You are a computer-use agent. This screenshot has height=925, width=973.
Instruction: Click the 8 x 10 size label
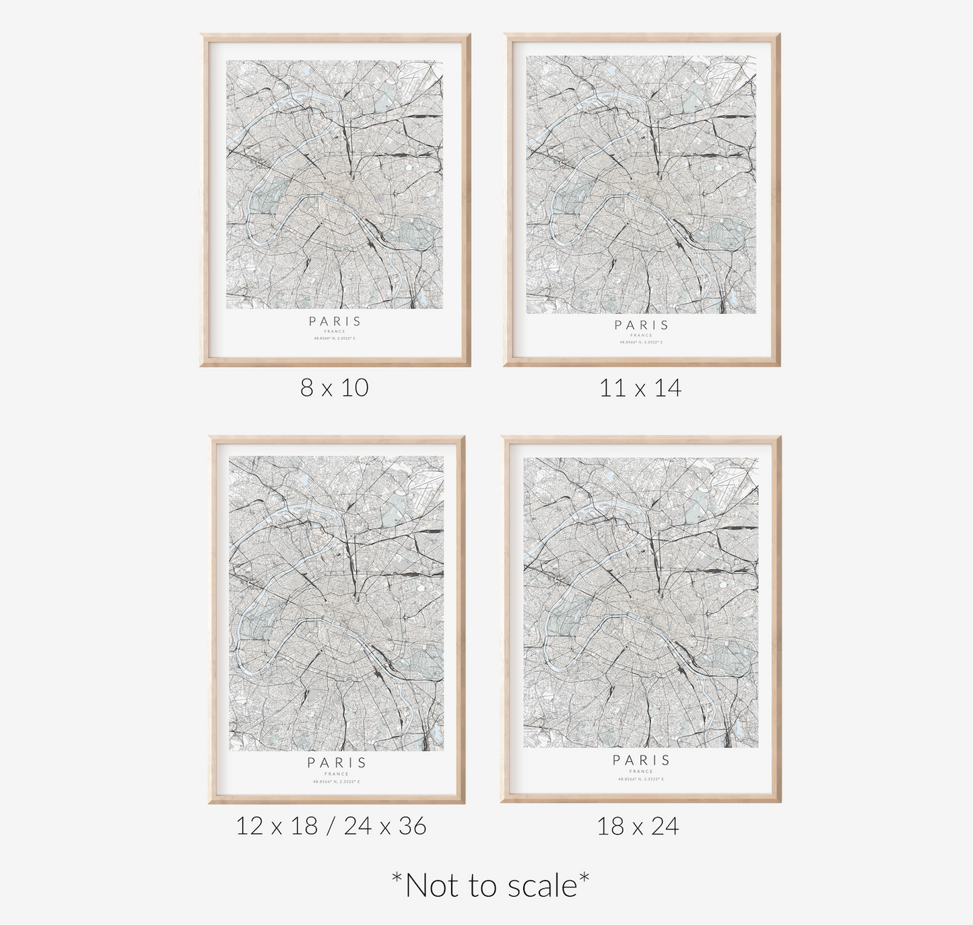[x=335, y=388]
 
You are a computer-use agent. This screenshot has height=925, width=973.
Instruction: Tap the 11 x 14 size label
[x=640, y=388]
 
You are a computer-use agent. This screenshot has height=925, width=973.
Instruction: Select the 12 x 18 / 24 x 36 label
[x=331, y=825]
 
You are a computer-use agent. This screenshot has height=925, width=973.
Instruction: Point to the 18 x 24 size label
[x=638, y=826]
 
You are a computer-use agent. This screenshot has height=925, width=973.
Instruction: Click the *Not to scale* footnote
[x=490, y=885]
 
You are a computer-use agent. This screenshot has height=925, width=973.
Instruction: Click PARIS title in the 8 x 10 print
[x=335, y=322]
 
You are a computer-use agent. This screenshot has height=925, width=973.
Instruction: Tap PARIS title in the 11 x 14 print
[x=642, y=325]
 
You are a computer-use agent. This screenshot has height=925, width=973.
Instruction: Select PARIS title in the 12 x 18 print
[x=337, y=763]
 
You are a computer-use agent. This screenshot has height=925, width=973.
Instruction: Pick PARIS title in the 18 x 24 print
[x=642, y=760]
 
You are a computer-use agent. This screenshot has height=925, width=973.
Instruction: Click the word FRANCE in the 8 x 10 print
[x=335, y=331]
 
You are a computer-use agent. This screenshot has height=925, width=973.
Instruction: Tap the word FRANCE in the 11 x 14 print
[x=642, y=335]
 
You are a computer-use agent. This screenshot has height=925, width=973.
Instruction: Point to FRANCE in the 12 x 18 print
[x=337, y=774]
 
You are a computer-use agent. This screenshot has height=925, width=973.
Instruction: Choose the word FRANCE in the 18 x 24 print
[x=642, y=771]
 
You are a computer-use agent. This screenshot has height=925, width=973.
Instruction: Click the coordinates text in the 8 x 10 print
[x=335, y=338]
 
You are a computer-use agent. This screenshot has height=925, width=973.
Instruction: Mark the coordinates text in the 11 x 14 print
[x=642, y=342]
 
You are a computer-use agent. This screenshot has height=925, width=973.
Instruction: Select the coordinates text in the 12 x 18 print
[x=337, y=782]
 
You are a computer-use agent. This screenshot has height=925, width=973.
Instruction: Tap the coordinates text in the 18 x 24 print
[x=642, y=779]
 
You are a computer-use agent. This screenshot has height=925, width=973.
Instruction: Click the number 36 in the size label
[x=411, y=825]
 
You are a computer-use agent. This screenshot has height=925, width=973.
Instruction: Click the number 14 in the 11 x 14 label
[x=667, y=388]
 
